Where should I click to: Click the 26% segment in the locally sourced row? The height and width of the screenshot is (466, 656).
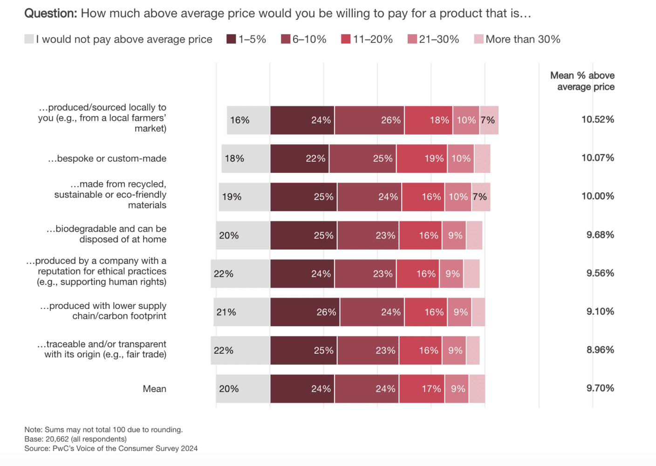[x=369, y=120]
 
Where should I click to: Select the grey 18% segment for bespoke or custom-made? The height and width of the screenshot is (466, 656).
[x=246, y=158]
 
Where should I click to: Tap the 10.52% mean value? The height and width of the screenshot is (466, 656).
[x=597, y=119]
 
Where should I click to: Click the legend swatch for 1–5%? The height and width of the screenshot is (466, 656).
[x=231, y=39]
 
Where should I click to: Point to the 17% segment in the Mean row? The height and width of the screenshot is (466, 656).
[x=422, y=389]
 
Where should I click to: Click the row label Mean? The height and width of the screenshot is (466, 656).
[x=154, y=389]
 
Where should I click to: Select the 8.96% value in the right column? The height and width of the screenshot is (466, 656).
[x=600, y=349]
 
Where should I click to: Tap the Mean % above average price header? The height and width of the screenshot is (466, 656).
[x=582, y=81]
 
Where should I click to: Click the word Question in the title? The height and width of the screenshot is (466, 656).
[x=50, y=13]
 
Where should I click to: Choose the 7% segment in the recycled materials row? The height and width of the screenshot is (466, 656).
[x=480, y=197]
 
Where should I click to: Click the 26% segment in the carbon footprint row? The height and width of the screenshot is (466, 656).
[x=305, y=312]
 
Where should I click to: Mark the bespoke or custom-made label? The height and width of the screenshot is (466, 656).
[x=107, y=158]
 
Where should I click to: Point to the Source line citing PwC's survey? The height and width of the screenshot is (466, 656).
[x=111, y=448]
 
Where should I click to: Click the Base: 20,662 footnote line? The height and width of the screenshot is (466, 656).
[x=75, y=439]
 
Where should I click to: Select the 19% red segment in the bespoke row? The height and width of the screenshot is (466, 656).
[x=422, y=158]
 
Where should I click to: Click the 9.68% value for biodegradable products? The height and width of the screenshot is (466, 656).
[x=600, y=235]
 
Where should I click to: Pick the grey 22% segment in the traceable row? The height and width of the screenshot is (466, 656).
[x=240, y=350]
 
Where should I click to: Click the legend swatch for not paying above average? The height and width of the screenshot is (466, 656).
[x=29, y=39]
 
